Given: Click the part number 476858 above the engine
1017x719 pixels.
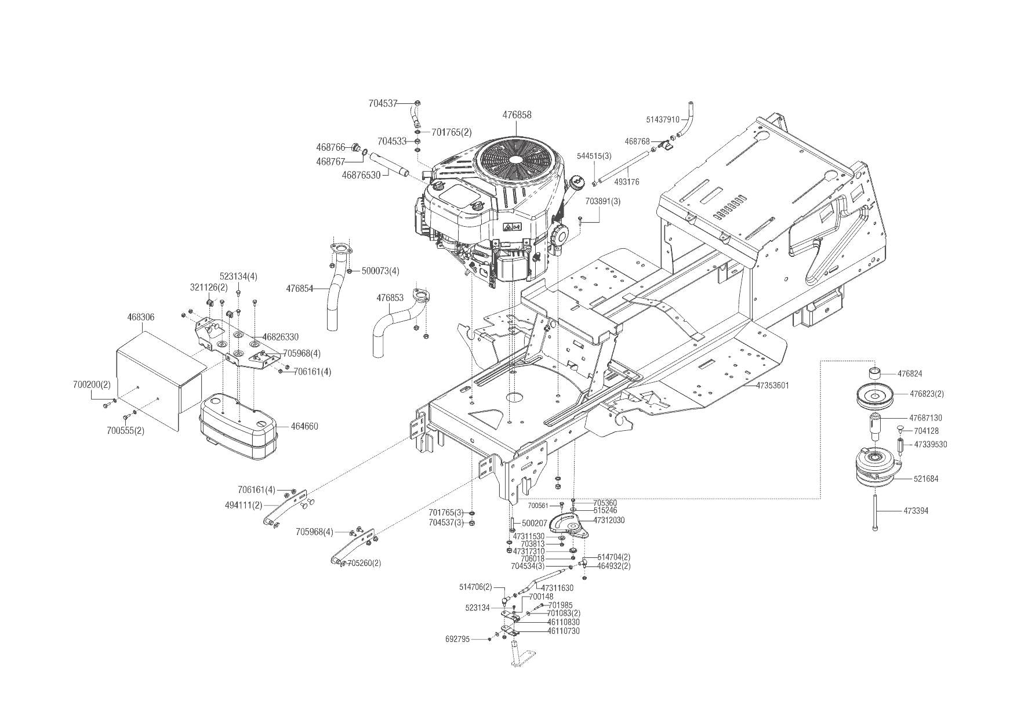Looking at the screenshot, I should point(517,115).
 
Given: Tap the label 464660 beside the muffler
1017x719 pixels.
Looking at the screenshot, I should point(304,426).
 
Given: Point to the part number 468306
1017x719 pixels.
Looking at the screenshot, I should point(141,317).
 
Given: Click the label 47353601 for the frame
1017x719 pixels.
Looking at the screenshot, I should point(772,385).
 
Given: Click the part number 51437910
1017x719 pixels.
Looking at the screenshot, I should point(662,120).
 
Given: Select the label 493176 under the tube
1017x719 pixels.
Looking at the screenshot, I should point(626,182).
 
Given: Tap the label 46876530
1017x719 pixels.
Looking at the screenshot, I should point(361,175).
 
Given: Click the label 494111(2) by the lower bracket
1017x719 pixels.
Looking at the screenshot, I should point(244,505).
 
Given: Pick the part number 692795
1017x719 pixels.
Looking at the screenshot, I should point(457,639).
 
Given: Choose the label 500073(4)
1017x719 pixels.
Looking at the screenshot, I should point(380,271).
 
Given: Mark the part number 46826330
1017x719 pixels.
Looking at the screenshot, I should point(281,337).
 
